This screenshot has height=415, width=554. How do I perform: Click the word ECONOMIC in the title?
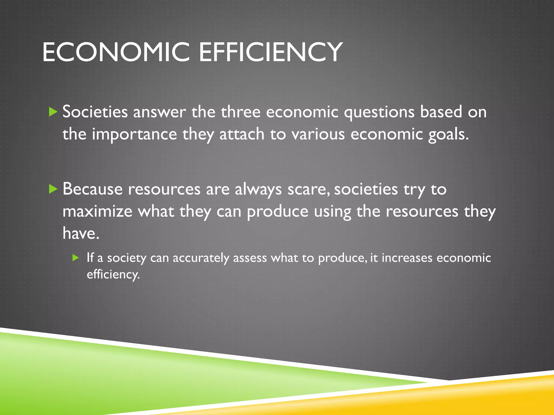[116, 52]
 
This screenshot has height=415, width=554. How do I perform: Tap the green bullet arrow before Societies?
[53, 112]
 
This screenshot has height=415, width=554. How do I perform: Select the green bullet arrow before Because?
[53, 189]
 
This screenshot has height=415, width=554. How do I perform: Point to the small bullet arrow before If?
[75, 258]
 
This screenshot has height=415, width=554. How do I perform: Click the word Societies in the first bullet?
[95, 112]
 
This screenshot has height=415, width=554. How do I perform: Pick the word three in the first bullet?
[240, 112]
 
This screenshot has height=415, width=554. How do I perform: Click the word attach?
[242, 134]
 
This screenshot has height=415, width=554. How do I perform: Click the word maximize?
[97, 211]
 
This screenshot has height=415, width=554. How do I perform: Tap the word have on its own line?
[81, 233]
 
